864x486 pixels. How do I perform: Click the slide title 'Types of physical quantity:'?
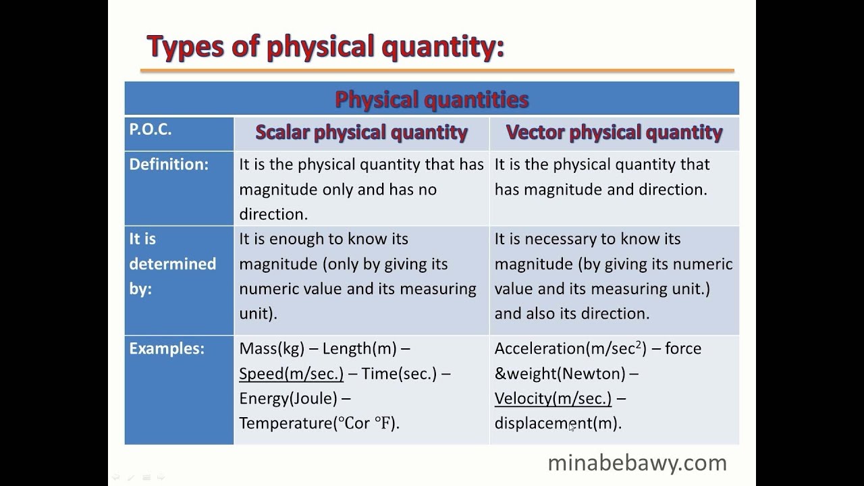point(325,47)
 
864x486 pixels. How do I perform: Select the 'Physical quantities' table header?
point(431,100)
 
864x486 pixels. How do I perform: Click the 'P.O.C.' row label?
point(151,130)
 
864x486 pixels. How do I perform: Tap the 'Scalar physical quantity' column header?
point(361,132)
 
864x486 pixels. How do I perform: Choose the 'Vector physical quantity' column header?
point(614,132)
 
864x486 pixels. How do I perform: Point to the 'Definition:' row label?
point(169,165)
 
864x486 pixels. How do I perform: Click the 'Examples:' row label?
point(167,349)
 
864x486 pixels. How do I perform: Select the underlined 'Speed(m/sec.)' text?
point(291,374)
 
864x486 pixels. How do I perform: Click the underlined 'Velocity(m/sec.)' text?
point(553,399)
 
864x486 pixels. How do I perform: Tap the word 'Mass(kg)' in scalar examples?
point(271,349)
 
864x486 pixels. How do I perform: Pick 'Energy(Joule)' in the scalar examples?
point(288,399)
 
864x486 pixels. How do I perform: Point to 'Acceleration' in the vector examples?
point(540,349)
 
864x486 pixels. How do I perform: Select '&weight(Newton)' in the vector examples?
point(560,374)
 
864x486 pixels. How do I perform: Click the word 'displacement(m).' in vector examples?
point(558,424)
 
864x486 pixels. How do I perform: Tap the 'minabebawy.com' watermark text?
point(637,463)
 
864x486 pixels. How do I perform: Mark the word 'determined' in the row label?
point(172,264)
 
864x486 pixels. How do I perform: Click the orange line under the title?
point(437,70)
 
